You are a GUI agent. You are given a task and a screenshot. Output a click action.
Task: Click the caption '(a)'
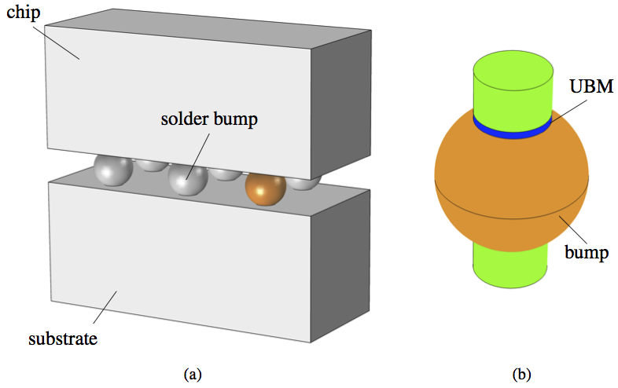(193, 374)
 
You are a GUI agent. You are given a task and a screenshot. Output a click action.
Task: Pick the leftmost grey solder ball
(112, 170)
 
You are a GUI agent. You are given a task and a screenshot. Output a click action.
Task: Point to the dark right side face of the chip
(342, 102)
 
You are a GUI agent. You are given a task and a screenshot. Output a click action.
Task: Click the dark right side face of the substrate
(342, 267)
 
